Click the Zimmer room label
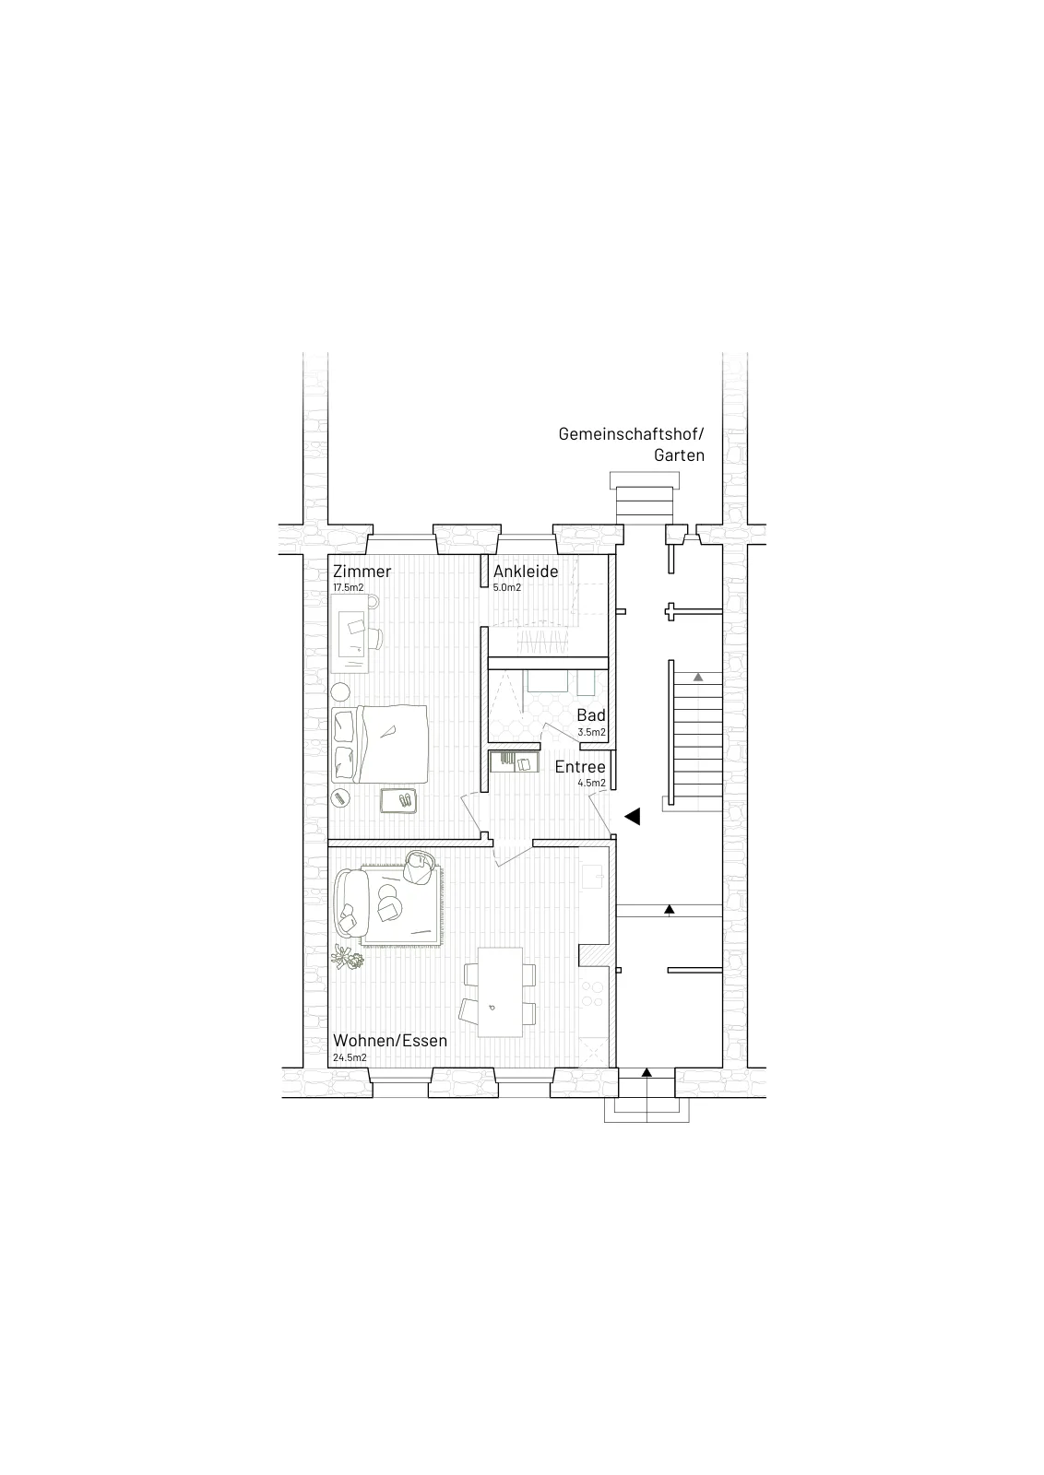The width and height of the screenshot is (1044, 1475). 362,571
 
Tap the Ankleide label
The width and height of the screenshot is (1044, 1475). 526,571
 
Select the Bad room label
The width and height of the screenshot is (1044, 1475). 591,715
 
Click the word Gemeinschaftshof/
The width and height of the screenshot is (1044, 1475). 631,434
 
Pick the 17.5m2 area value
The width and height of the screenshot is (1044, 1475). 349,587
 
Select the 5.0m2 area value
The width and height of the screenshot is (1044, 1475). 507,587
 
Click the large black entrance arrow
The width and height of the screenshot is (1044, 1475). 633,817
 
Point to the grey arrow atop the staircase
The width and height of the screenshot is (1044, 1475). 697,677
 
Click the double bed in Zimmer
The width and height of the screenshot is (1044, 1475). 380,744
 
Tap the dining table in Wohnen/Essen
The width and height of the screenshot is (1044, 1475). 500,992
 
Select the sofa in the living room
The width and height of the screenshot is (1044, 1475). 350,902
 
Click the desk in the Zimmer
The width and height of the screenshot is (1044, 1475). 350,633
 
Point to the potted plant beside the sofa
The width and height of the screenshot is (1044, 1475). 347,958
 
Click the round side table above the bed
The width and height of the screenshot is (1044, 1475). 340,692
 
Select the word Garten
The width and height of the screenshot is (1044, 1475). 679,455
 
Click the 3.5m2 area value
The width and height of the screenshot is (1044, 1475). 591,732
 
